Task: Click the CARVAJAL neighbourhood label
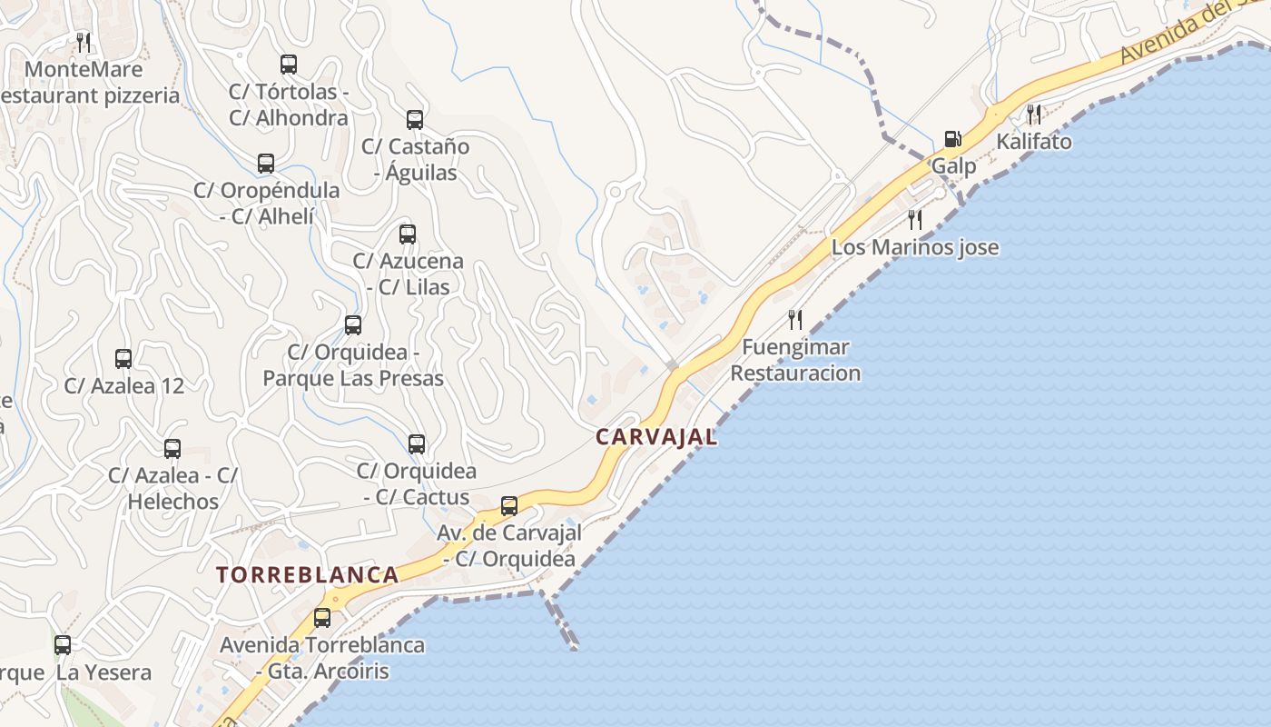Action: pyautogui.click(x=656, y=437)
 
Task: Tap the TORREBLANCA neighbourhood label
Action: pyautogui.click(x=308, y=574)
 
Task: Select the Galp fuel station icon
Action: pyautogui.click(x=952, y=139)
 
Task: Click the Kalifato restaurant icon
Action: pyautogui.click(x=1033, y=114)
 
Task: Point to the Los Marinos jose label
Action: pyautogui.click(x=915, y=247)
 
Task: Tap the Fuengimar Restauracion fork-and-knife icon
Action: pyautogui.click(x=795, y=319)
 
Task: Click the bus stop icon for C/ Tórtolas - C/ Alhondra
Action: pyautogui.click(x=289, y=65)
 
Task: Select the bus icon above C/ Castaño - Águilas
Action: pyautogui.click(x=415, y=119)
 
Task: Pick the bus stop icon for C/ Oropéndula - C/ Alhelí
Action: pyautogui.click(x=266, y=164)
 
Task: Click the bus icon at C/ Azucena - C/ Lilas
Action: pyautogui.click(x=408, y=234)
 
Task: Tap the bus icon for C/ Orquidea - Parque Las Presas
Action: pyautogui.click(x=353, y=325)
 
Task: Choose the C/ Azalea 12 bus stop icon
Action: pyautogui.click(x=123, y=359)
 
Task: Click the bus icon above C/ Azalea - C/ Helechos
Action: pyautogui.click(x=172, y=448)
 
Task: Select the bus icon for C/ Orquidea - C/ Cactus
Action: pyautogui.click(x=417, y=444)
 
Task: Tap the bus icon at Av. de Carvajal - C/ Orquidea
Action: pyautogui.click(x=509, y=506)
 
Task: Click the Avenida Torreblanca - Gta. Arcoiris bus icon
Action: pyautogui.click(x=322, y=618)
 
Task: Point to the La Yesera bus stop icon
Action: pyautogui.click(x=63, y=646)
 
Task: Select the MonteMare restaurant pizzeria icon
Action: pyautogui.click(x=83, y=42)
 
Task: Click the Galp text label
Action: pyautogui.click(x=954, y=166)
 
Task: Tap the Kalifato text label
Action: pyautogui.click(x=1034, y=142)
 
